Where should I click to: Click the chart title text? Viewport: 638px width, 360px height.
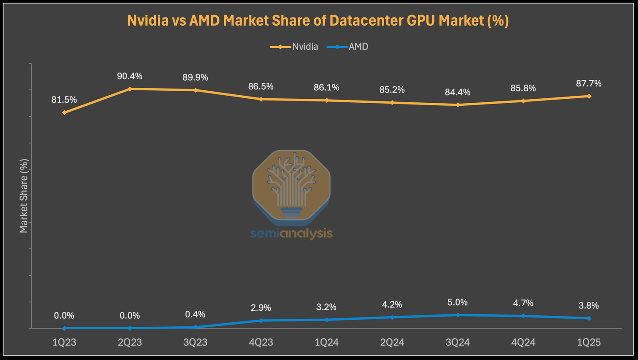pyautogui.click(x=318, y=21)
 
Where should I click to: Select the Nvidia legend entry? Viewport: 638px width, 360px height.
pyautogui.click(x=294, y=46)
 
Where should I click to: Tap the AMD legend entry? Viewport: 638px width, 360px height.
pyautogui.click(x=348, y=46)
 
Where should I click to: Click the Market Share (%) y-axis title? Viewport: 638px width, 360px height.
pyautogui.click(x=24, y=196)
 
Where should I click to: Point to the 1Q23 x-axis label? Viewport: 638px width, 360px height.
pyautogui.click(x=64, y=342)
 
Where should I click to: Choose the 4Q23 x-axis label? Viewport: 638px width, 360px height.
pyautogui.click(x=261, y=342)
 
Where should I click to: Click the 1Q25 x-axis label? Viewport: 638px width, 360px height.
pyautogui.click(x=589, y=342)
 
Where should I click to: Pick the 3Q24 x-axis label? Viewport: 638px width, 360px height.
pyautogui.click(x=458, y=342)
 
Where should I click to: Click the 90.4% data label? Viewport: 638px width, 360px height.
pyautogui.click(x=130, y=76)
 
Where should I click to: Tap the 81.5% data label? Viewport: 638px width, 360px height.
pyautogui.click(x=64, y=100)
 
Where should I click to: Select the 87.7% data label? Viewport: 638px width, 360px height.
pyautogui.click(x=589, y=83)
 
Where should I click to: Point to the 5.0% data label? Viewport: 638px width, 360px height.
pyautogui.click(x=458, y=302)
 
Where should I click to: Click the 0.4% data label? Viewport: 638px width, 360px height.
pyautogui.click(x=195, y=314)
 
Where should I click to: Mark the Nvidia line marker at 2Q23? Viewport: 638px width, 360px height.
pyautogui.click(x=130, y=89)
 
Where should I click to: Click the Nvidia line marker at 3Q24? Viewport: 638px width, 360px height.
pyautogui.click(x=458, y=105)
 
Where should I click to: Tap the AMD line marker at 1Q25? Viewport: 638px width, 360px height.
pyautogui.click(x=589, y=318)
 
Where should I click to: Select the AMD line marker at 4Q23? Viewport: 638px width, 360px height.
pyautogui.click(x=261, y=321)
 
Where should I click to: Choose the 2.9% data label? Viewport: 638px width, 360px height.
pyautogui.click(x=261, y=308)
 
